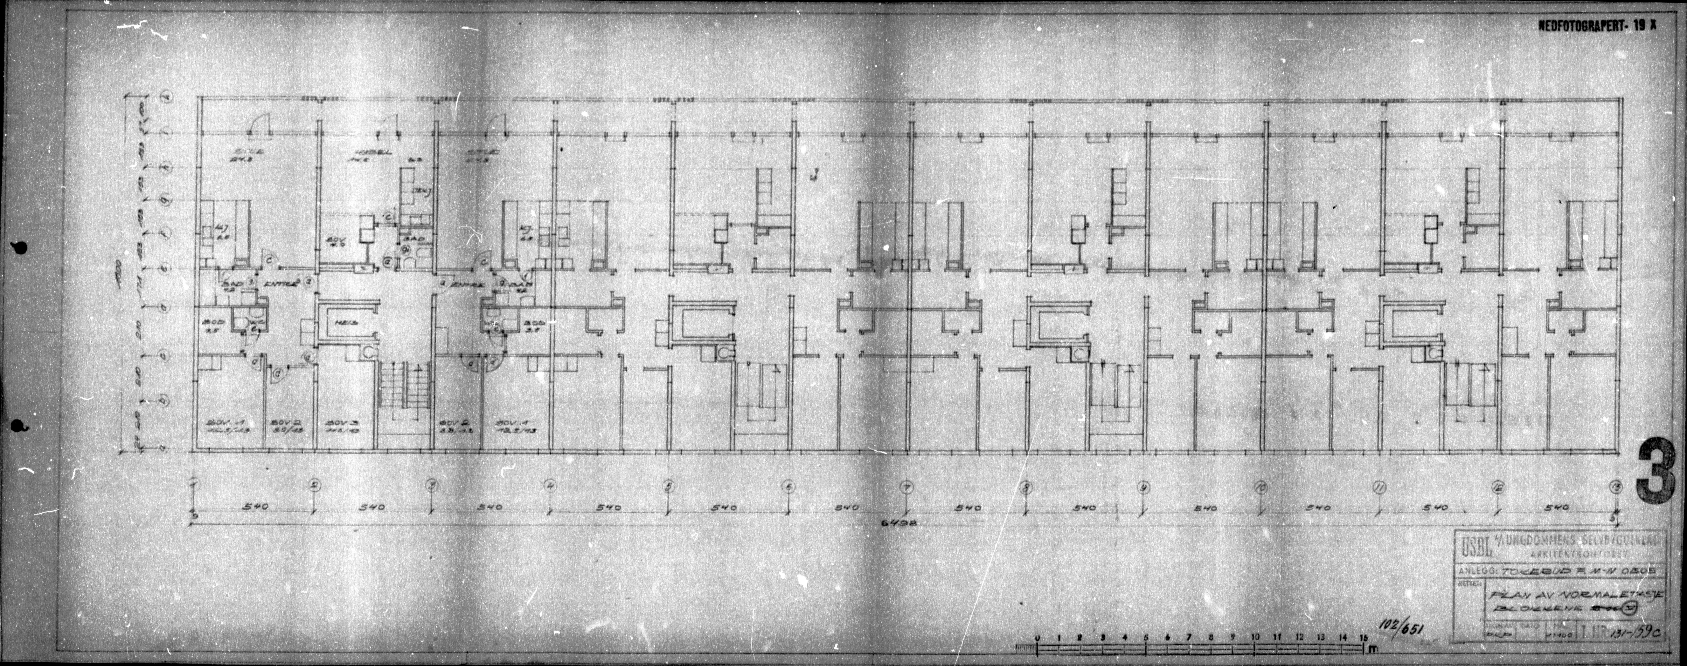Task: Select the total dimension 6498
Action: pos(898,523)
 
